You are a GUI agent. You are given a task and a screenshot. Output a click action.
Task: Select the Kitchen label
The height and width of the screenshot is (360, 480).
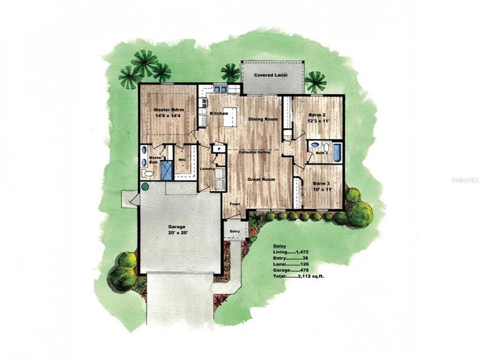pos(218,113)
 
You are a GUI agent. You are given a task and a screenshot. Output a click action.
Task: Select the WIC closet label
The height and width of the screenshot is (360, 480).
pos(182,160)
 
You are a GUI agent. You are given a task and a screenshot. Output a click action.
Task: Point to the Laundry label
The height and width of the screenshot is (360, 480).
pos(208,169)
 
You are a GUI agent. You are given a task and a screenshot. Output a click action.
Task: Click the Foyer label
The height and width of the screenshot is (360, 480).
pos(234,205)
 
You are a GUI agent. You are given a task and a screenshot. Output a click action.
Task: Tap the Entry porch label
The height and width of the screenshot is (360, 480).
pos(234,231)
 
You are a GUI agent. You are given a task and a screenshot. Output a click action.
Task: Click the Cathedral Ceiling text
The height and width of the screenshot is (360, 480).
pos(254,152)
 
